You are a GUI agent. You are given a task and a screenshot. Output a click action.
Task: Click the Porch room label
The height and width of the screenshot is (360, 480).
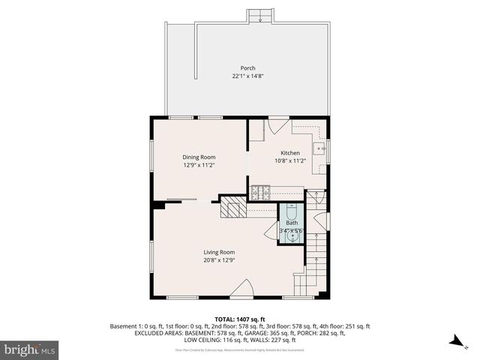pos(247,67)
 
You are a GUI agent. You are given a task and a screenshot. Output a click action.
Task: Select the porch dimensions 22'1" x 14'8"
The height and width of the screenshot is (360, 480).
pos(247,76)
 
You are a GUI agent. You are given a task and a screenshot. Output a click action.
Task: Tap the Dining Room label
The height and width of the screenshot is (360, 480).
pos(199,157)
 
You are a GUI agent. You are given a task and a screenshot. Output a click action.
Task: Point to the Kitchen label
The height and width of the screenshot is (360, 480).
pos(269,152)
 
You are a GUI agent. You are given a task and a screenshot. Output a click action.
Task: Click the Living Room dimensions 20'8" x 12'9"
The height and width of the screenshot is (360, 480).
pos(220,260)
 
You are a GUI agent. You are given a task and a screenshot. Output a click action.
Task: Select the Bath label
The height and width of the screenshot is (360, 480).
pos(291,223)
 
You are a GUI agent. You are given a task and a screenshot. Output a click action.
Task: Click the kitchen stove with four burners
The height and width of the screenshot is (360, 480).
pos(260,192)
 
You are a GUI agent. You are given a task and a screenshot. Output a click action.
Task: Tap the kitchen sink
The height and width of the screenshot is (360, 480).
pos(320,148)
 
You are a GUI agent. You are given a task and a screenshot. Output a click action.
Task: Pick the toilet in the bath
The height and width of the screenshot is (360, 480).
pos(291,211)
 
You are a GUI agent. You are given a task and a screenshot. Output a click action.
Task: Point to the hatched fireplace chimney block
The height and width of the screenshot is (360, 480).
pos(233,209)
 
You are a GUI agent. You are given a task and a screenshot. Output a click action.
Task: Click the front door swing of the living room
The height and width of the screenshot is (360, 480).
pos(241,289)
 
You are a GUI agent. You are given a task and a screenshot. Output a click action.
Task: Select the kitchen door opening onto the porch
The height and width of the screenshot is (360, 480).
pos(278,127)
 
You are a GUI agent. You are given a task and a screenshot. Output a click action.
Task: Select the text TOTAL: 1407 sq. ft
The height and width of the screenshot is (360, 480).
pos(240,319)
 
